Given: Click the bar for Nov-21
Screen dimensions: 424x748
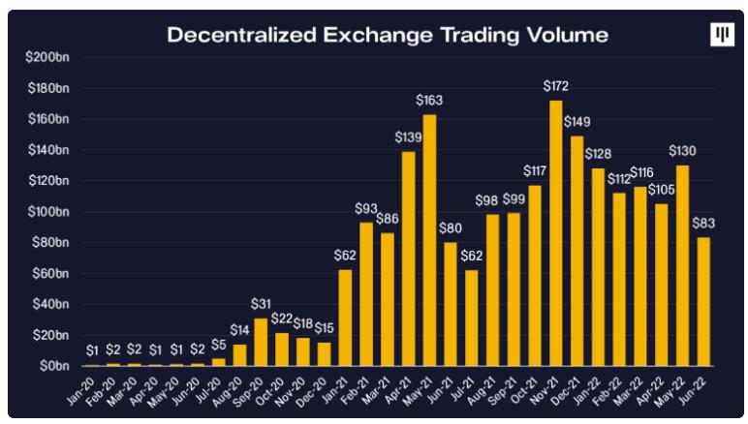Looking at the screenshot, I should pyautogui.click(x=556, y=233).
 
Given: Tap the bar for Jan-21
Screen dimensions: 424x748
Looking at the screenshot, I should pyautogui.click(x=345, y=318).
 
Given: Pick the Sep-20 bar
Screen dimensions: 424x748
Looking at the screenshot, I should pyautogui.click(x=261, y=342).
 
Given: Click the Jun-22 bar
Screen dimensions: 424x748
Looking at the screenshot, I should pyautogui.click(x=704, y=301).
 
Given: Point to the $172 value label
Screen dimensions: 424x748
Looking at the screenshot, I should pyautogui.click(x=556, y=89).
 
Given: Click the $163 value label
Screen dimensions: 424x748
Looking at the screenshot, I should pyautogui.click(x=429, y=101).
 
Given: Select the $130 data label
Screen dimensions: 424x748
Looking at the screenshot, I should pyautogui.click(x=683, y=151).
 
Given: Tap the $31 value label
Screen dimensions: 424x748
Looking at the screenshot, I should pyautogui.click(x=262, y=305).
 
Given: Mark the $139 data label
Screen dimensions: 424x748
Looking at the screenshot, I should pyautogui.click(x=408, y=137).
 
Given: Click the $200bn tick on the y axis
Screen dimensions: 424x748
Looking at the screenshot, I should pyautogui.click(x=47, y=57).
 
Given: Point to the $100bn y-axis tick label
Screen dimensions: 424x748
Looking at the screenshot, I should pyautogui.click(x=47, y=212).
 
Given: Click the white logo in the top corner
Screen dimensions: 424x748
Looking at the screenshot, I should pyautogui.click(x=723, y=35).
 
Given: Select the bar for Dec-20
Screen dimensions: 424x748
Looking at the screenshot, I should pyautogui.click(x=324, y=354).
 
